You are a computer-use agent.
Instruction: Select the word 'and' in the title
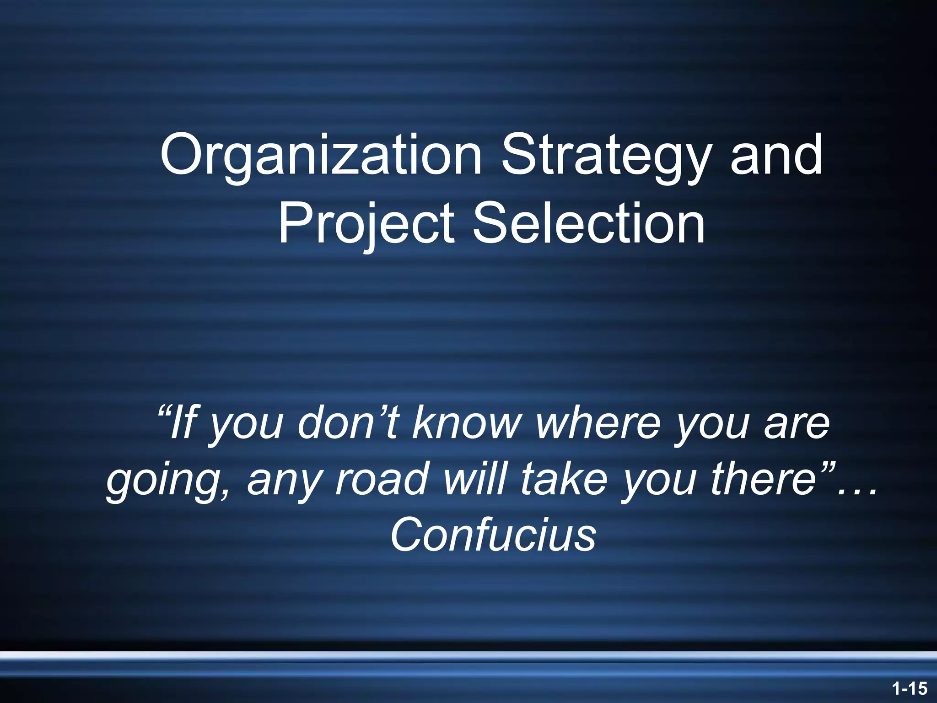point(776,156)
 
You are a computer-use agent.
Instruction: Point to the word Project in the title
point(366,224)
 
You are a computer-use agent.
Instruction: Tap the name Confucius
point(493,535)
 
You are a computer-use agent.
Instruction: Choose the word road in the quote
point(382,478)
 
